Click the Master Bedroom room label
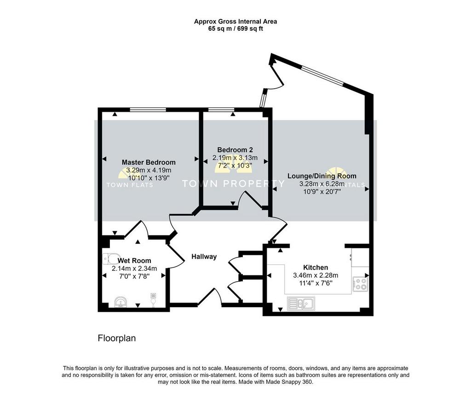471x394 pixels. click(149, 162)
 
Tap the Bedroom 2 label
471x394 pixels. click(235, 149)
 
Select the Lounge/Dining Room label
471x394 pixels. click(322, 176)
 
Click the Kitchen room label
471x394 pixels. click(316, 267)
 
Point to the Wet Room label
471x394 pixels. click(134, 261)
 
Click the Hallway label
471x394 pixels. click(204, 257)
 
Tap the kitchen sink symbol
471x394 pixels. click(301, 303)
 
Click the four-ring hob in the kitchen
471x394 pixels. click(360, 284)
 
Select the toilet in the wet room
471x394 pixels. click(110, 259)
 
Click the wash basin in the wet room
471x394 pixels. click(121, 302)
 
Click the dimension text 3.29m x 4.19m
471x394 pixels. click(149, 170)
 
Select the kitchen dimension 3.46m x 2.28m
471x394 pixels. click(316, 275)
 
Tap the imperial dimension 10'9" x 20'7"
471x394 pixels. click(322, 192)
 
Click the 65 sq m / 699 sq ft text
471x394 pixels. click(235, 29)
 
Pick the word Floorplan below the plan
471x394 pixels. click(117, 338)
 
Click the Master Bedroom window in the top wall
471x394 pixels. click(148, 109)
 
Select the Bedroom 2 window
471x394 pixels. click(222, 109)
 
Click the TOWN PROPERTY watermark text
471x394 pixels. click(233, 183)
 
